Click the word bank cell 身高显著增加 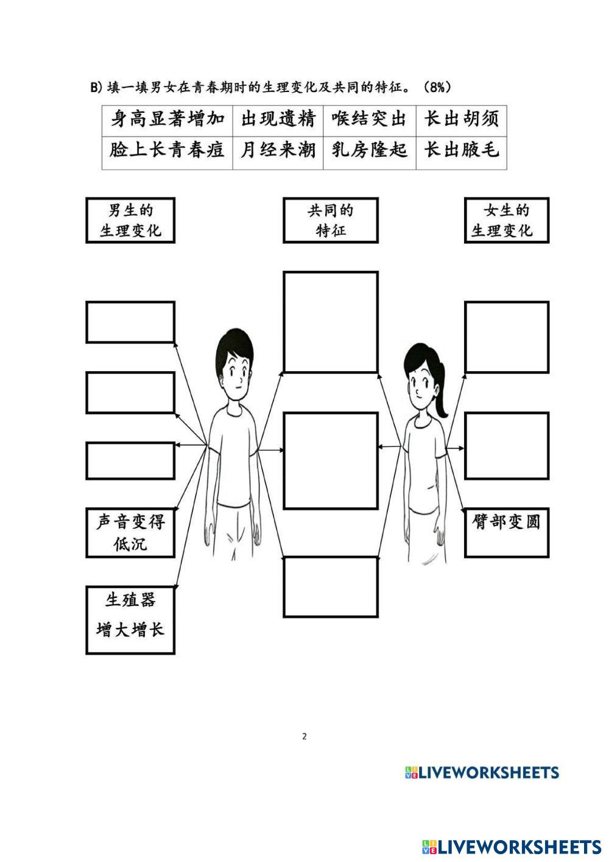click(167, 119)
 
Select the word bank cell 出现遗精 click(278, 119)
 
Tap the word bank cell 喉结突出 click(369, 119)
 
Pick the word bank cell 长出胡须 click(461, 119)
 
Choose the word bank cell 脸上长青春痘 click(167, 150)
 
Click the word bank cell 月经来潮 click(278, 150)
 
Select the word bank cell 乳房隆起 click(369, 150)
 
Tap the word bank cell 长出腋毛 click(461, 150)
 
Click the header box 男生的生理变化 click(130, 221)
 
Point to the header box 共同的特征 click(331, 221)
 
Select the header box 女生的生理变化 click(506, 221)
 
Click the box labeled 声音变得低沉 click(130, 533)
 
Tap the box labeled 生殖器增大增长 click(130, 620)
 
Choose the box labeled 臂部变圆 click(506, 532)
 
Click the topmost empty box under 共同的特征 click(331, 322)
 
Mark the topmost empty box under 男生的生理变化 click(130, 322)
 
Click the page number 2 click(304, 736)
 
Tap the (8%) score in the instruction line click(437, 88)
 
